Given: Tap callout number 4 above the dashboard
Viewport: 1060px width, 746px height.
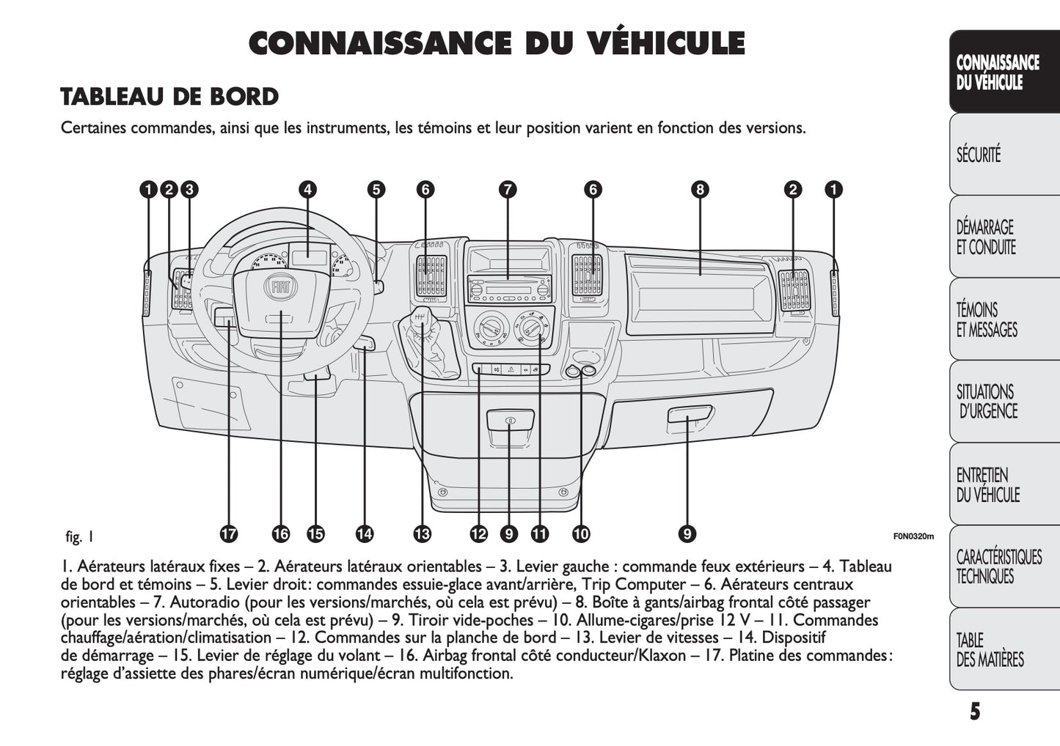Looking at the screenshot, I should [x=308, y=190].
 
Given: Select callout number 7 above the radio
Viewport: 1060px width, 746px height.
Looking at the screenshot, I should [x=508, y=190].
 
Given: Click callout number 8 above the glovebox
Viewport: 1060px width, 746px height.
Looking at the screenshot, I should [x=700, y=190].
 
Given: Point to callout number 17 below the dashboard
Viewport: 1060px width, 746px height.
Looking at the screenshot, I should [x=229, y=534].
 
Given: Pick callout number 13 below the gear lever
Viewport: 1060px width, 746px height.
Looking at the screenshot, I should [x=422, y=534].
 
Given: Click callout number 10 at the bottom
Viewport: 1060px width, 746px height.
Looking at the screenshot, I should [x=581, y=534].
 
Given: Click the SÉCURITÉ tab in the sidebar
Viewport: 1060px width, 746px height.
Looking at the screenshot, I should [x=979, y=155].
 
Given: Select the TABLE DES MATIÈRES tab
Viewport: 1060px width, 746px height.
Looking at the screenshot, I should [x=980, y=650].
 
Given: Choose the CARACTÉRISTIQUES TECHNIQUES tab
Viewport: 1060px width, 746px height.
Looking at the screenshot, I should [x=998, y=566].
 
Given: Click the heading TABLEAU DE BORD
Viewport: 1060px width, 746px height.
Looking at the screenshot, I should [x=169, y=97].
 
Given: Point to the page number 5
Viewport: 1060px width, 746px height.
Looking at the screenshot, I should [x=974, y=712].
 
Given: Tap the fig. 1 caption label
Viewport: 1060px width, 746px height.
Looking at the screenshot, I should [x=79, y=536].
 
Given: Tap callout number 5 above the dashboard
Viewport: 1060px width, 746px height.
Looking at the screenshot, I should [x=376, y=190].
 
